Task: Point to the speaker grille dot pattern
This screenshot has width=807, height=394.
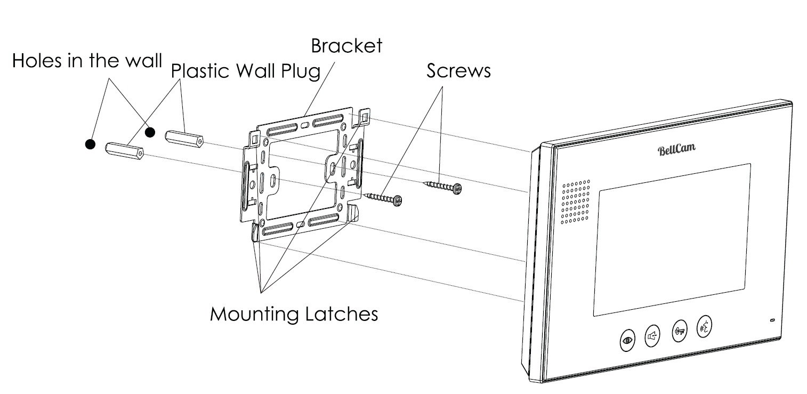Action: pos(576,201)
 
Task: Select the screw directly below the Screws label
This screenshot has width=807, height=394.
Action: pos(442,186)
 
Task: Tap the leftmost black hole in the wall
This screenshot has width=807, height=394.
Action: pos(90,143)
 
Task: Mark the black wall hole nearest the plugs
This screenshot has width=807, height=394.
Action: pos(150,131)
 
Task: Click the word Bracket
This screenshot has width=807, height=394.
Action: pos(346,46)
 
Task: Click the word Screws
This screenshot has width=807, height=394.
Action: pos(458,70)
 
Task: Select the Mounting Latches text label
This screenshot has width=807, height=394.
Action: pos(294,313)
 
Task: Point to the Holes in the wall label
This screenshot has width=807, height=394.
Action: pos(87,60)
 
